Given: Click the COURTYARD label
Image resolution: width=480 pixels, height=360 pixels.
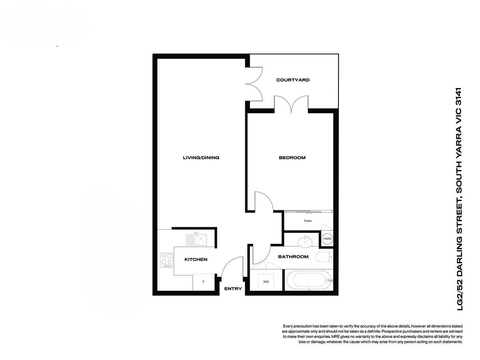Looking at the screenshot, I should tap(293, 80).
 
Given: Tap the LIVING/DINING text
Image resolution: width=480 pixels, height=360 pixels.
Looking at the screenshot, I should tap(201, 158).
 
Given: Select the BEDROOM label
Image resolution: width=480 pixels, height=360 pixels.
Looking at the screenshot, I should tap(292, 158).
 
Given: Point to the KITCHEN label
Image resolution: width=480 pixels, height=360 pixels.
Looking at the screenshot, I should tap(196, 260).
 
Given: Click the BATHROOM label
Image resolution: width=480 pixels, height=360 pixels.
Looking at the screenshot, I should tap(293, 257).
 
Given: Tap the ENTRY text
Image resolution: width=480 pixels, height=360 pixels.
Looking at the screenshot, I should tap(233, 289).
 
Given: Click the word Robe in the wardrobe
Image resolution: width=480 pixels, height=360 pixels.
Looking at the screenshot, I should tap(308, 221).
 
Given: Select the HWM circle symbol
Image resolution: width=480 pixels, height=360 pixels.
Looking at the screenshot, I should tap(327, 239).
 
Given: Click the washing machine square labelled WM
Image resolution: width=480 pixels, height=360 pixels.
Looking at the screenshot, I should tap(266, 282).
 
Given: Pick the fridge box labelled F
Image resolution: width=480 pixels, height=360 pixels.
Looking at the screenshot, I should tap(204, 282).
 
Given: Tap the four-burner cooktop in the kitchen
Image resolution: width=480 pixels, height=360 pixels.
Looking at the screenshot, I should tap(167, 260).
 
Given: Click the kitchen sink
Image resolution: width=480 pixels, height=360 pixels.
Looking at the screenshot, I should tap(196, 240).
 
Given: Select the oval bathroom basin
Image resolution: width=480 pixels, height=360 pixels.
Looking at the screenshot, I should tap(306, 241).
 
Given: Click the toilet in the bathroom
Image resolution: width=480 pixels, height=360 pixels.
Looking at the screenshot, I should tap(323, 257).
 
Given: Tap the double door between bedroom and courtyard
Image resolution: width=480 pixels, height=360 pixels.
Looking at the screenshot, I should tap(291, 104).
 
